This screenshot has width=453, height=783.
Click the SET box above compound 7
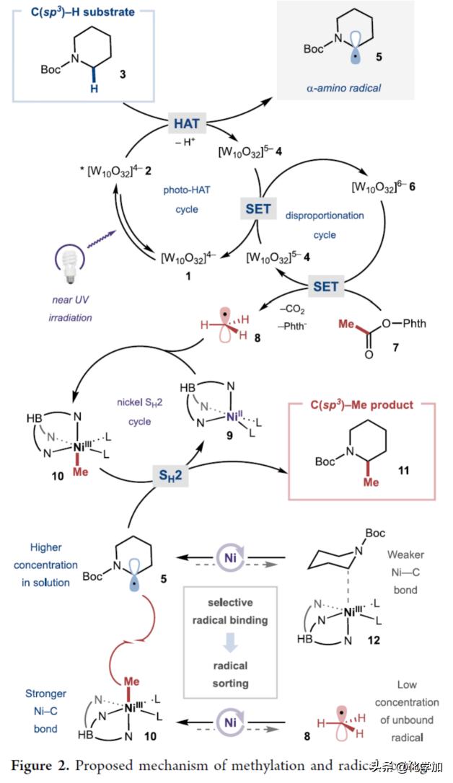326,286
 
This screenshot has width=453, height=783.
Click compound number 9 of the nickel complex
217,434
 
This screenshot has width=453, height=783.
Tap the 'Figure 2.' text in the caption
41,764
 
